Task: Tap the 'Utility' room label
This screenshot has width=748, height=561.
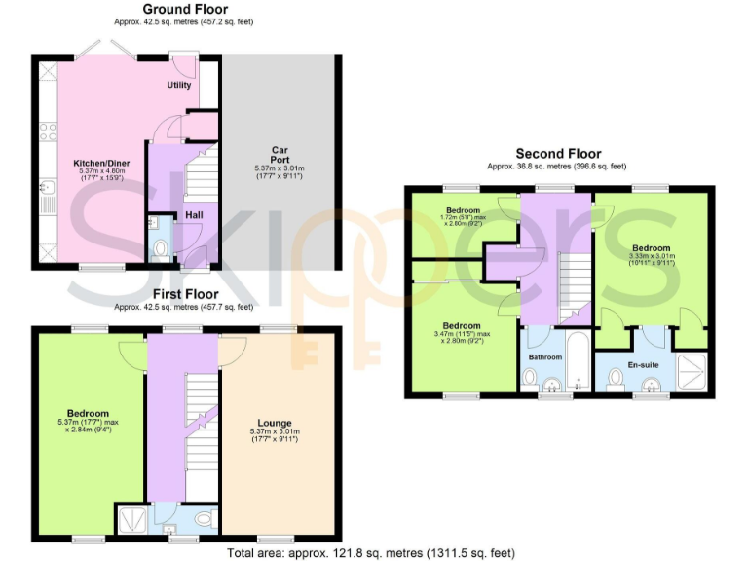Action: coord(179,86)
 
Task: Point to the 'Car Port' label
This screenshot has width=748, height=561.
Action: coord(280,155)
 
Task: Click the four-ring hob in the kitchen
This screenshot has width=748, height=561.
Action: coord(46,132)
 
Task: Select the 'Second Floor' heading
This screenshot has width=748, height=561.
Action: coord(558,154)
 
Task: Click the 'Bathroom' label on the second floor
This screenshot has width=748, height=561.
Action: coord(544,357)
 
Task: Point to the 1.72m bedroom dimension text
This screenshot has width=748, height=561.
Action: coord(463,216)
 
